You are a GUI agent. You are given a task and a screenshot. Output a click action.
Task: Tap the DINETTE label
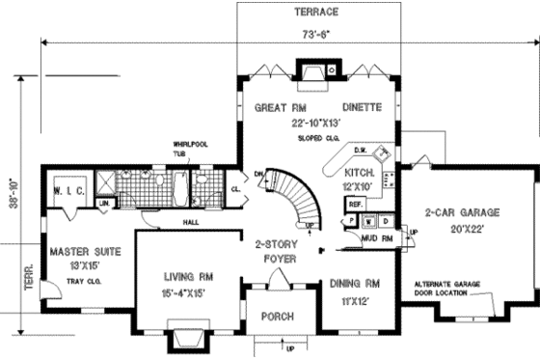click(x=362, y=107)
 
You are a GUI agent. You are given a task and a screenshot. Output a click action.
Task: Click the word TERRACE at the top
click(x=310, y=14)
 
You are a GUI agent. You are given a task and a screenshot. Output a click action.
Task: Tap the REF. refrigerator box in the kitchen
click(x=354, y=205)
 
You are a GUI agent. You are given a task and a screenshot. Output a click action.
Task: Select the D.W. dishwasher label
click(x=360, y=151)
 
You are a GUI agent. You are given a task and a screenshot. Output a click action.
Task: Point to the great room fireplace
click(x=311, y=73)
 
